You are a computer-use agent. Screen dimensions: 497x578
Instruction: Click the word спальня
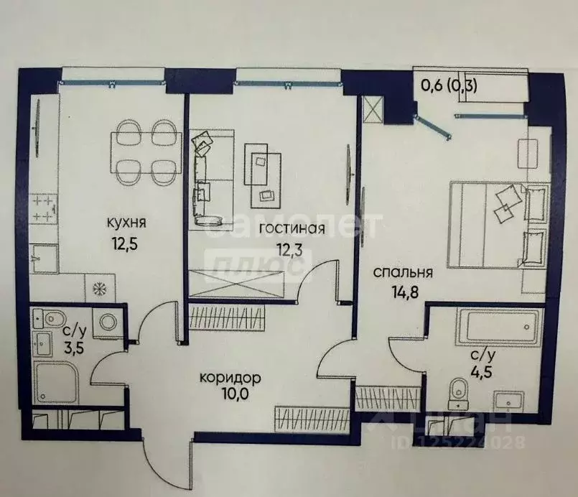402,272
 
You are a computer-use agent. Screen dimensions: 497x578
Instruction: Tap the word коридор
230,377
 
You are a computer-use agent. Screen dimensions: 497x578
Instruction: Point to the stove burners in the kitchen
42,208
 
